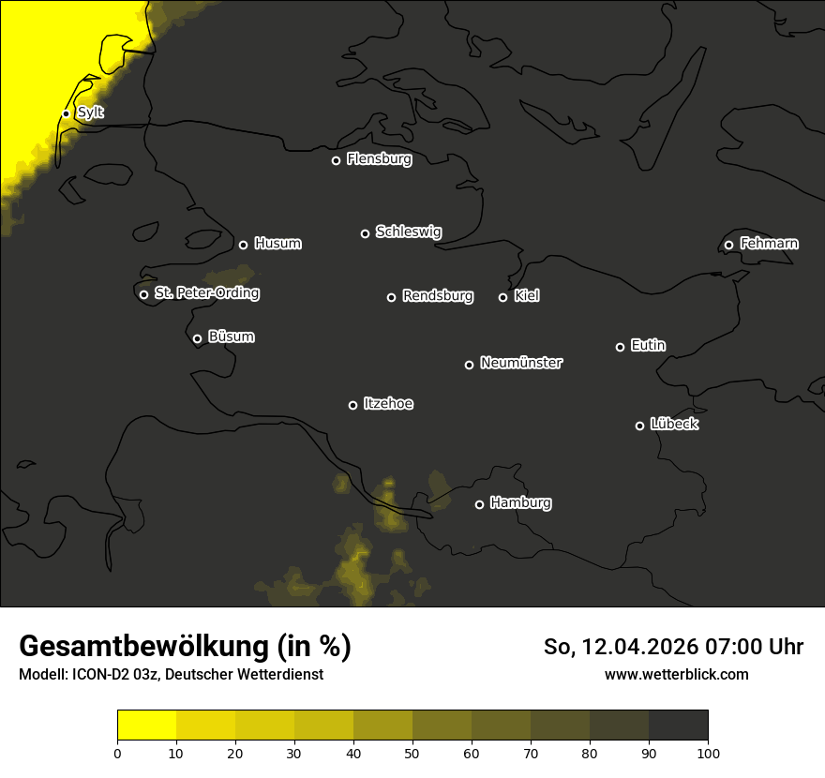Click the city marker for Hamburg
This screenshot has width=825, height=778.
[x=479, y=504]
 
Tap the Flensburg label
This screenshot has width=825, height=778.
[x=379, y=159]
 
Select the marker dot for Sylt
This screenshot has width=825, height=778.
[x=66, y=113]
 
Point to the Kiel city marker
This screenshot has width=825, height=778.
[x=502, y=297]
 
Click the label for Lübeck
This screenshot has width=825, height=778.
[x=674, y=425]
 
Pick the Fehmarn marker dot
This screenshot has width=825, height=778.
[x=728, y=245]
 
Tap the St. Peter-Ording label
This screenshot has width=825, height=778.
[x=206, y=293]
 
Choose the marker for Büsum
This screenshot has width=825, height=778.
[x=197, y=338]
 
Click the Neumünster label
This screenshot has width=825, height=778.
[x=520, y=363]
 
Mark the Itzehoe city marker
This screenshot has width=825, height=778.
[x=352, y=405]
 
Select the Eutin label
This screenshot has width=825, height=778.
[x=648, y=346]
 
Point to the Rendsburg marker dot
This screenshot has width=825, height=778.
[x=391, y=297]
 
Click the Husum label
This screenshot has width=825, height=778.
[x=277, y=244]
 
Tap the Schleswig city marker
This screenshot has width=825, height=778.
[x=365, y=233]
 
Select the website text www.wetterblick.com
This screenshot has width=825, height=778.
[x=677, y=674]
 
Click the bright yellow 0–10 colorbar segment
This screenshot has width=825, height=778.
[x=146, y=726]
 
